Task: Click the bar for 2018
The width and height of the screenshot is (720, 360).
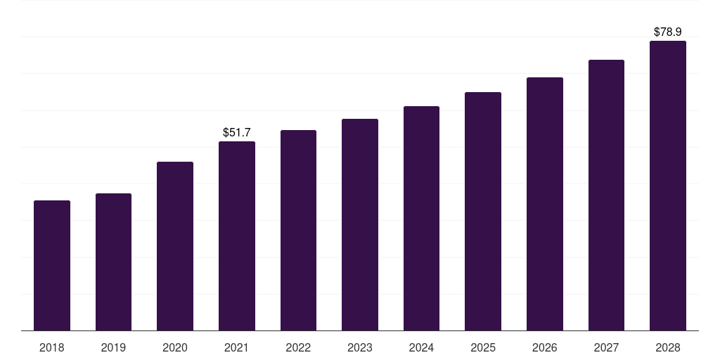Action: (52, 265)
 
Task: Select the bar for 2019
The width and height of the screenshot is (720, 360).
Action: (113, 262)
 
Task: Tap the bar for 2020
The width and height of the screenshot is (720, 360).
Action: (175, 246)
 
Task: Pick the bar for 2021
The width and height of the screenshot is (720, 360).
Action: (237, 236)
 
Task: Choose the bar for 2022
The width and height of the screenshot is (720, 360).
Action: (298, 231)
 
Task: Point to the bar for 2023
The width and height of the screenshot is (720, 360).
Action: (360, 224)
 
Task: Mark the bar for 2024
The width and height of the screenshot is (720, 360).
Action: (422, 219)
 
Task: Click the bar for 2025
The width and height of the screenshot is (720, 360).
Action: (483, 211)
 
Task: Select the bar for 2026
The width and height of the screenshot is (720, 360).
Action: (545, 204)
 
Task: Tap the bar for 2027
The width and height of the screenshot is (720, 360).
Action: (606, 195)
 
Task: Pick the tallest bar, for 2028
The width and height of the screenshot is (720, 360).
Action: (668, 186)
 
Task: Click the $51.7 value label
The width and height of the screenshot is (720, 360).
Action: (237, 132)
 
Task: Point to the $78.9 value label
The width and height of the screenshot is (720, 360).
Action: (668, 32)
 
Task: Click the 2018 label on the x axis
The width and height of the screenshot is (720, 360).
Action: (52, 347)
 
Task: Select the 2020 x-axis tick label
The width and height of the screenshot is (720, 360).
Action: (175, 347)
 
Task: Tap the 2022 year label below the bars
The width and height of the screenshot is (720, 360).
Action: (298, 347)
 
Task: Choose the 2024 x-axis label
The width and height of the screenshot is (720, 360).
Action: (422, 347)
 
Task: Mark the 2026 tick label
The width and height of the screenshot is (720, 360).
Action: (545, 347)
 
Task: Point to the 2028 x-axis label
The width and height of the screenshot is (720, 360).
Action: (668, 347)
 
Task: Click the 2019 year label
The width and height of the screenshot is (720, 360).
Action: (113, 347)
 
